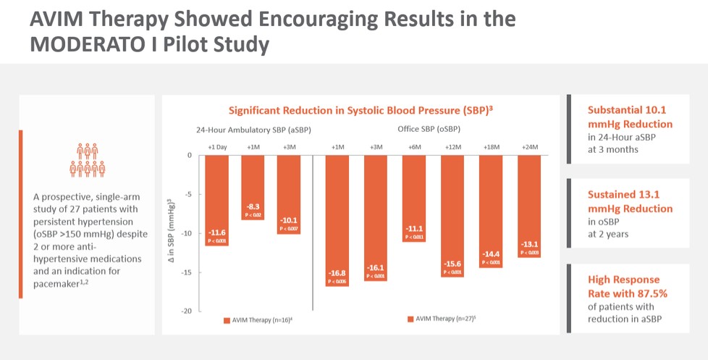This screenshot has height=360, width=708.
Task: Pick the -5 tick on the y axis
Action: pos(187,194)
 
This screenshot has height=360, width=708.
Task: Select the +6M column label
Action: pos(414,146)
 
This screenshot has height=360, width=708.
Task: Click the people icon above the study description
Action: pos(88,160)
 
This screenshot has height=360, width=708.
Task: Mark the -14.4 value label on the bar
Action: pos(492,254)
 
